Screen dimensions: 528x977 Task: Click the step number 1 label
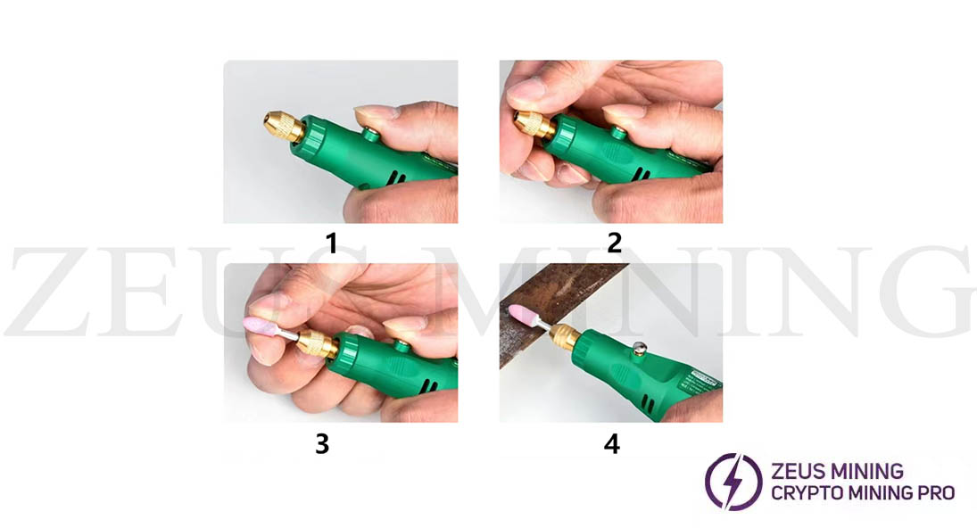331,242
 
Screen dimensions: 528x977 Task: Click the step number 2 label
614,242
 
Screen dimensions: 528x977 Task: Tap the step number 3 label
322,443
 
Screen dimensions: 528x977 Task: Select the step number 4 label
611,443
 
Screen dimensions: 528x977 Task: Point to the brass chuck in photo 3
317,342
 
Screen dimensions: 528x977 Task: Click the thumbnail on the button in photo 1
375,113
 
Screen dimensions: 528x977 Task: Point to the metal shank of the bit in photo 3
290,332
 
